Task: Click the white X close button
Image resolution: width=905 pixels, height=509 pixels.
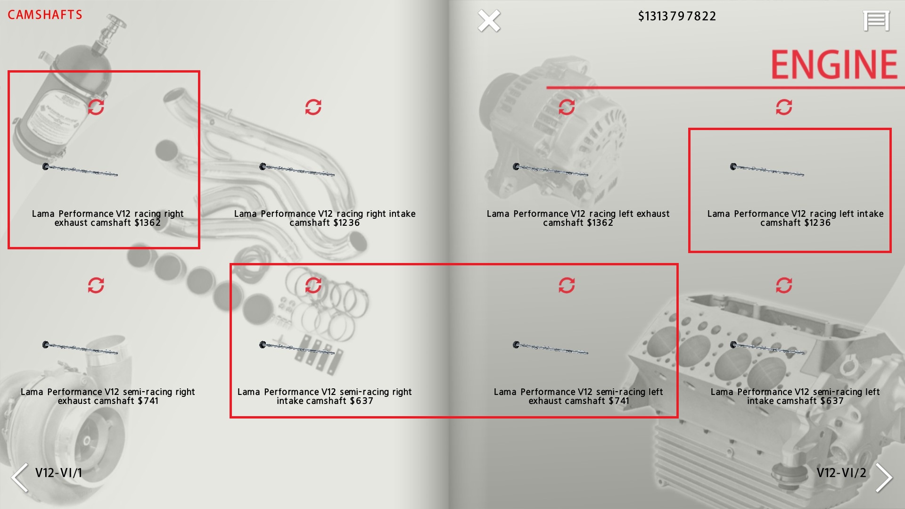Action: [489, 21]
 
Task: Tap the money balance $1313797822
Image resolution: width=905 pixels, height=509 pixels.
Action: [677, 16]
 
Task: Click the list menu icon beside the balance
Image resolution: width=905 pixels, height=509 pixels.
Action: [876, 21]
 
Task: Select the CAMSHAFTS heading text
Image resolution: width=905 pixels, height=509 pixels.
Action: [45, 15]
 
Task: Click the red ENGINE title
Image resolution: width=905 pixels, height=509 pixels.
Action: [834, 65]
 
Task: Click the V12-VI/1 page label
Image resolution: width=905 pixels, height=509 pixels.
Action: [58, 473]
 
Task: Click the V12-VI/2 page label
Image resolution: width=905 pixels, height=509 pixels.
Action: [841, 473]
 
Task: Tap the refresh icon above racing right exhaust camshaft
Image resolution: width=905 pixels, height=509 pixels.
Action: [96, 107]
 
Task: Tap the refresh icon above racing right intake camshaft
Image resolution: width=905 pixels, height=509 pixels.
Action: [313, 107]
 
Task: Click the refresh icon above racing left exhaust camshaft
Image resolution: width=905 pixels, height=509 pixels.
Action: [567, 107]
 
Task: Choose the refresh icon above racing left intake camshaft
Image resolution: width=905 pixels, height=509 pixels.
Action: [784, 107]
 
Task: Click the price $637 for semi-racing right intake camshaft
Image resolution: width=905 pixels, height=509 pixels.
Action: [361, 401]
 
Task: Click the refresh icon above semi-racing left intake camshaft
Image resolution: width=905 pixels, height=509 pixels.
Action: [784, 285]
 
